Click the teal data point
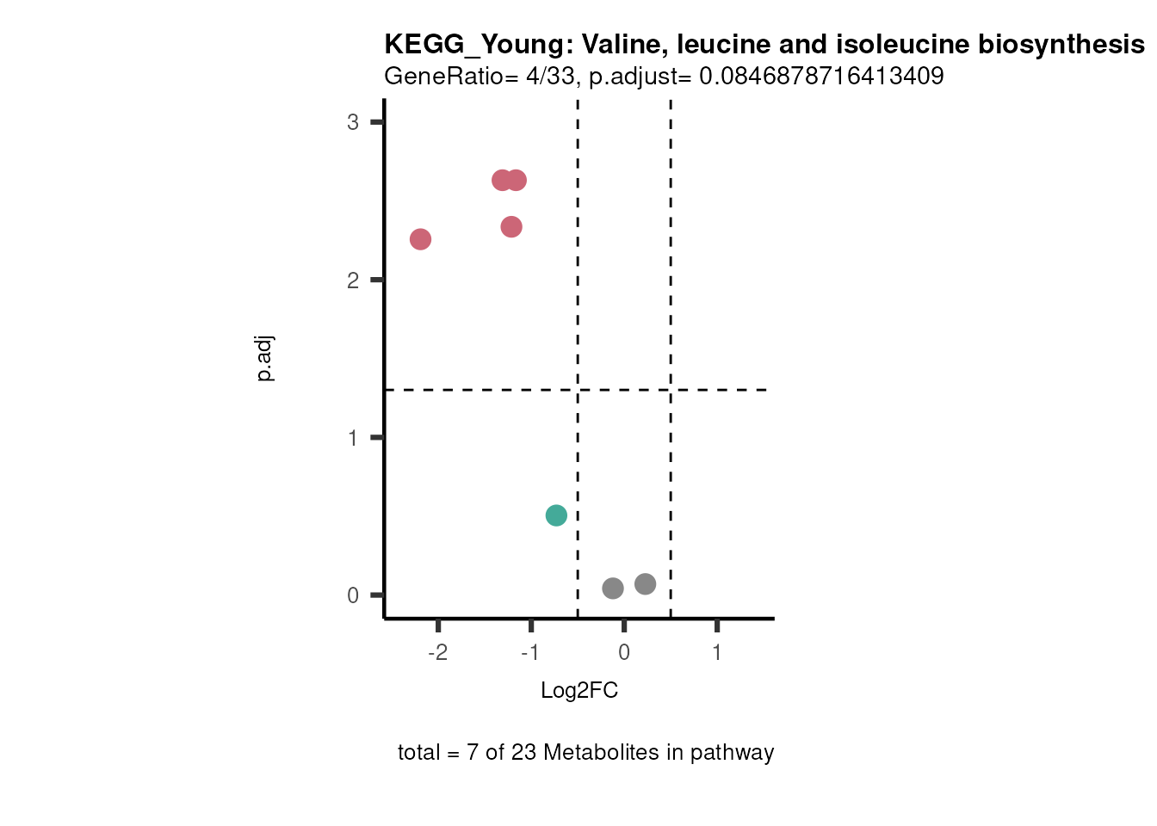tap(556, 515)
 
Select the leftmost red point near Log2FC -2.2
tap(420, 239)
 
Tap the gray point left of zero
tap(613, 589)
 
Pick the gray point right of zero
tap(646, 584)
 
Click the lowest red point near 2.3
tap(511, 227)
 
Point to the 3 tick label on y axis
tap(353, 122)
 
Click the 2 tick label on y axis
tap(353, 280)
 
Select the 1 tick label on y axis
tap(353, 438)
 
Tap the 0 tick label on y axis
tap(353, 595)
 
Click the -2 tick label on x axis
tap(438, 652)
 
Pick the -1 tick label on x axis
tap(530, 652)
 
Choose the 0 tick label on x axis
tap(624, 652)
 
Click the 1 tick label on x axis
tap(717, 652)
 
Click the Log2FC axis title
tap(579, 691)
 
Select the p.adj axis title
tap(265, 359)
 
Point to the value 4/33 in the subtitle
tap(550, 77)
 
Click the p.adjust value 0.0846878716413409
tap(821, 77)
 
